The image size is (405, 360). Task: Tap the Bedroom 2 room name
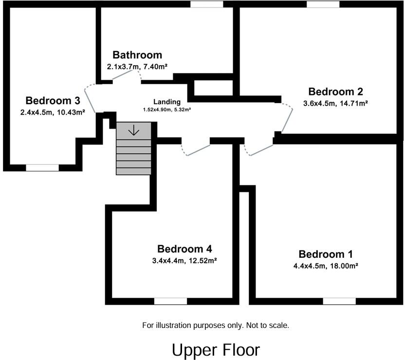[335, 91]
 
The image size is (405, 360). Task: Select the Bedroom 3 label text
[53, 101]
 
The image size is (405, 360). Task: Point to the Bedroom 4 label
[184, 248]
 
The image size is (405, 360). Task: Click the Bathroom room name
[137, 54]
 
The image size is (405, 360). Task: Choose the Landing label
[167, 102]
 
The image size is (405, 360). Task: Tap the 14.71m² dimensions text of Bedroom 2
[335, 103]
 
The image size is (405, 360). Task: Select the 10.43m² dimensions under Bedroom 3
[53, 112]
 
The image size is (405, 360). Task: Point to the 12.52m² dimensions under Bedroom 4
[184, 260]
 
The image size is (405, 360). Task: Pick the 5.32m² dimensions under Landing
[167, 109]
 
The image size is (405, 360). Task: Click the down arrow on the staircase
[133, 130]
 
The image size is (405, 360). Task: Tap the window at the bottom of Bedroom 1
[339, 301]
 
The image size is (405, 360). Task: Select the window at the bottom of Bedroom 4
[170, 301]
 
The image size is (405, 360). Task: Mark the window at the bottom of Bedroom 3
[42, 168]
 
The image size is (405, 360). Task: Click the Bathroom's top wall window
[206, 4]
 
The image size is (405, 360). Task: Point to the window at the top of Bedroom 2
[323, 4]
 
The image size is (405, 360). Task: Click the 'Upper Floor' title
[216, 350]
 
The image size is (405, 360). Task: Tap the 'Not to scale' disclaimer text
[216, 325]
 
